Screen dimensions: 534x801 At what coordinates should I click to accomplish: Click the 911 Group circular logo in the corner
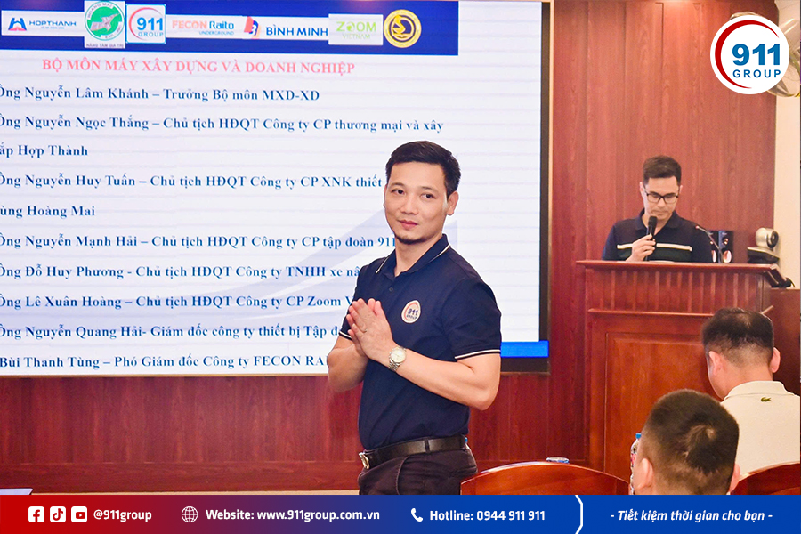click(x=749, y=54)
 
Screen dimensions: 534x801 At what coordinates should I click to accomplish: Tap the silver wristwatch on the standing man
click(x=397, y=358)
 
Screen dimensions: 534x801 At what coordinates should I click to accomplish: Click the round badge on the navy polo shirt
click(x=411, y=311)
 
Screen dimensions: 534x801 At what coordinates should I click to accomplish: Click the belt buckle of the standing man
click(x=365, y=459)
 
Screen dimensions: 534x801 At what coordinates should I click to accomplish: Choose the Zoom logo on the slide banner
click(x=355, y=28)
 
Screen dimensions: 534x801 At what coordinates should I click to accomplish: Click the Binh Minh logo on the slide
click(x=287, y=28)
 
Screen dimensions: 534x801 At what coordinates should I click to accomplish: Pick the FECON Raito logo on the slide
click(x=202, y=27)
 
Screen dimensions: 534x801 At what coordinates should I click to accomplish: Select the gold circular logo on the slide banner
click(x=402, y=28)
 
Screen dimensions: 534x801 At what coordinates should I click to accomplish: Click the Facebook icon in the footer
click(x=36, y=514)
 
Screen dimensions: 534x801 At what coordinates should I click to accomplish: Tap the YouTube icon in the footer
click(x=79, y=514)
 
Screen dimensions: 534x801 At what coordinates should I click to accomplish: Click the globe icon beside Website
click(x=190, y=514)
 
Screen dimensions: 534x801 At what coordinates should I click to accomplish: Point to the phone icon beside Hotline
click(x=417, y=514)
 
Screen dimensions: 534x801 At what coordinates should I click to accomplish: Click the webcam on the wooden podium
click(x=765, y=239)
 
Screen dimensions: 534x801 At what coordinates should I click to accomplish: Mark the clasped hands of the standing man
click(x=368, y=328)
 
